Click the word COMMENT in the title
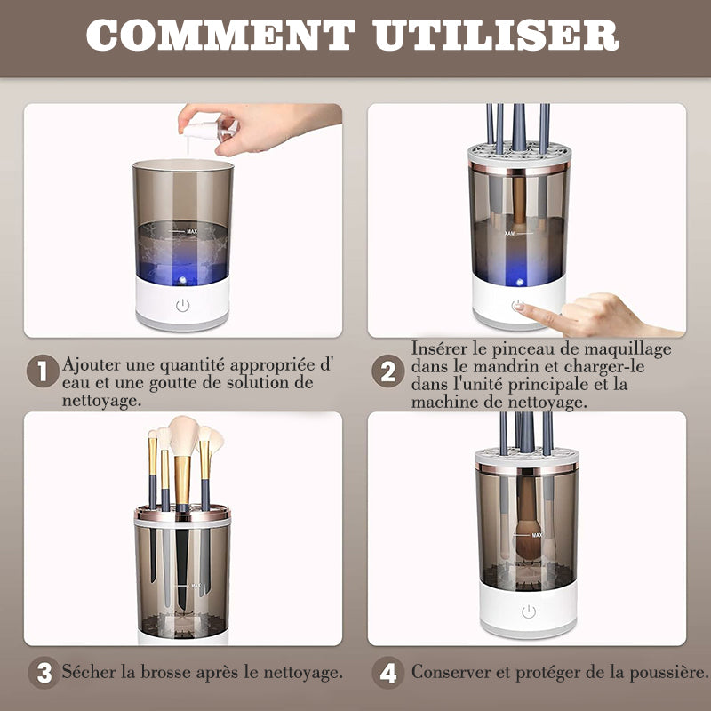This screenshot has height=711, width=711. tap(220, 35)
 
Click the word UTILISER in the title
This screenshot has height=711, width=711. tap(497, 35)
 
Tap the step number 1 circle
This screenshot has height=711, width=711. tap(43, 371)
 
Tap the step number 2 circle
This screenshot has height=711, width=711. tap(388, 371)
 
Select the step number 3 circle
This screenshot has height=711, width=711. tap(44, 673)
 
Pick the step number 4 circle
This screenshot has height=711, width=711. tap(388, 673)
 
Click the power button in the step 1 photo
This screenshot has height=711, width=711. tap(183, 305)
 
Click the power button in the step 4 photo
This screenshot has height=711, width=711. tap(529, 611)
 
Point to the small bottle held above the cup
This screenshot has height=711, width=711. tap(210, 129)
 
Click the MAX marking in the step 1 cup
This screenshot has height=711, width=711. tap(192, 231)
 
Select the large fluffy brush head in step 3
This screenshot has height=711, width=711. tap(183, 436)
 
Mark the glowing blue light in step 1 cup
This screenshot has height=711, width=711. tap(182, 279)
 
